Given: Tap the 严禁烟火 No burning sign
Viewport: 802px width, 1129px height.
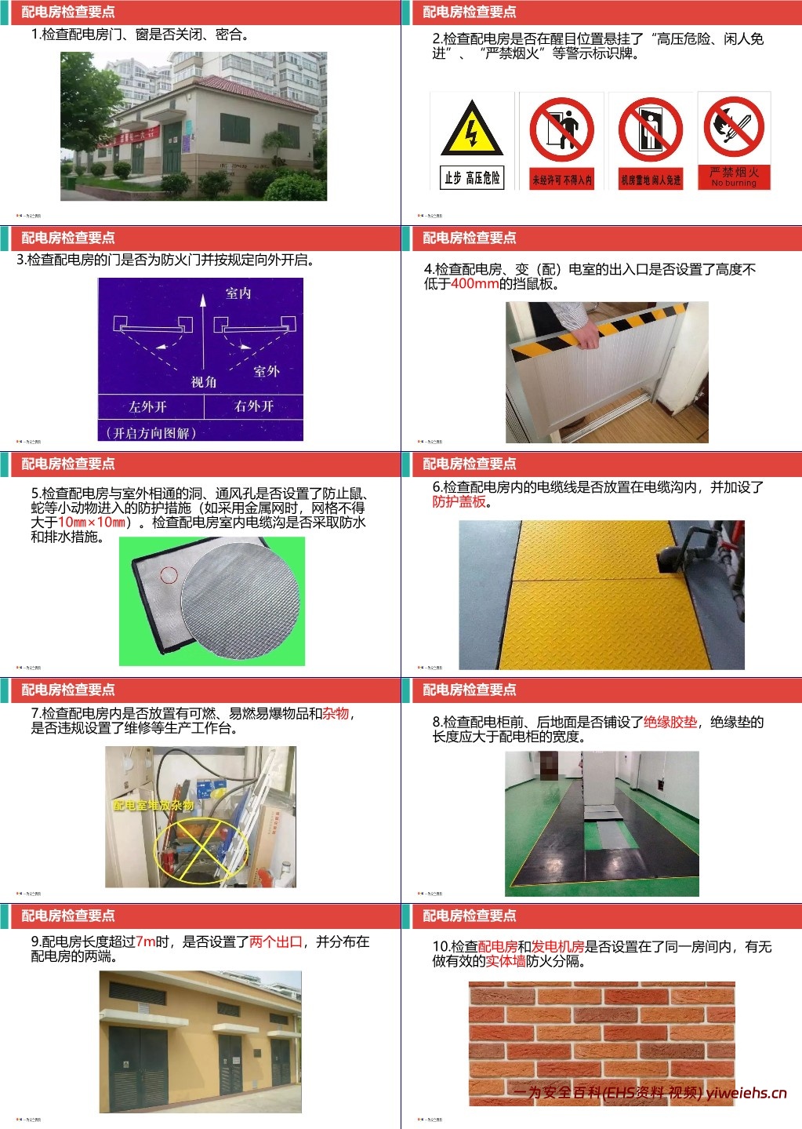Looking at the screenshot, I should pos(734,141).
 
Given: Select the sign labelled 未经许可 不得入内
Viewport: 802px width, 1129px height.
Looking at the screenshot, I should pos(561,141).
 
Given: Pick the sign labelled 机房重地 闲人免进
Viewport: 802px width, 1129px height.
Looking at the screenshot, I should pos(650,141).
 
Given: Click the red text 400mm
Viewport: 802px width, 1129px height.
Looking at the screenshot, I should pos(474,284).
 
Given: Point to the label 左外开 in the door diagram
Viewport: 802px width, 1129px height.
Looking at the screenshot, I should pos(148,406).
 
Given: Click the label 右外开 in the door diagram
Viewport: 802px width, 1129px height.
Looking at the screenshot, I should pos(254,406).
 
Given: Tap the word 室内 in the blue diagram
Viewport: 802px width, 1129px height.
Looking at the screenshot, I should pos(238,293).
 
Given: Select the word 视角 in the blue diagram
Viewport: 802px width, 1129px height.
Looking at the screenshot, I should pos(204,382).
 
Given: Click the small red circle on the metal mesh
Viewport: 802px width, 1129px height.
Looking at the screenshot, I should pos(169,575).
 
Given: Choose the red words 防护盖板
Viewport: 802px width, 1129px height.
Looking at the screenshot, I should pos(459,502).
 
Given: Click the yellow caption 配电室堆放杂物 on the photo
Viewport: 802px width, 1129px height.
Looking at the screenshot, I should pos(153,806).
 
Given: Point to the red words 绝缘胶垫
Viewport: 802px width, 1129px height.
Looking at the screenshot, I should pos(670,723).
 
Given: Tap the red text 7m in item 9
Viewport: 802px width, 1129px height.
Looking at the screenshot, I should pos(146,941).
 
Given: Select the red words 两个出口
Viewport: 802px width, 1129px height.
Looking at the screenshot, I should pos(275,941).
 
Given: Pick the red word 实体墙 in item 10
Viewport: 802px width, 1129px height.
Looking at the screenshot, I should pos(506,961).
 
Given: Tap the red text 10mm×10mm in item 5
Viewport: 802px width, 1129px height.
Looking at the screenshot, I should pos(92,523).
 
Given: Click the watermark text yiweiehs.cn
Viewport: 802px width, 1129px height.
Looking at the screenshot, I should pos(746,1093).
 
